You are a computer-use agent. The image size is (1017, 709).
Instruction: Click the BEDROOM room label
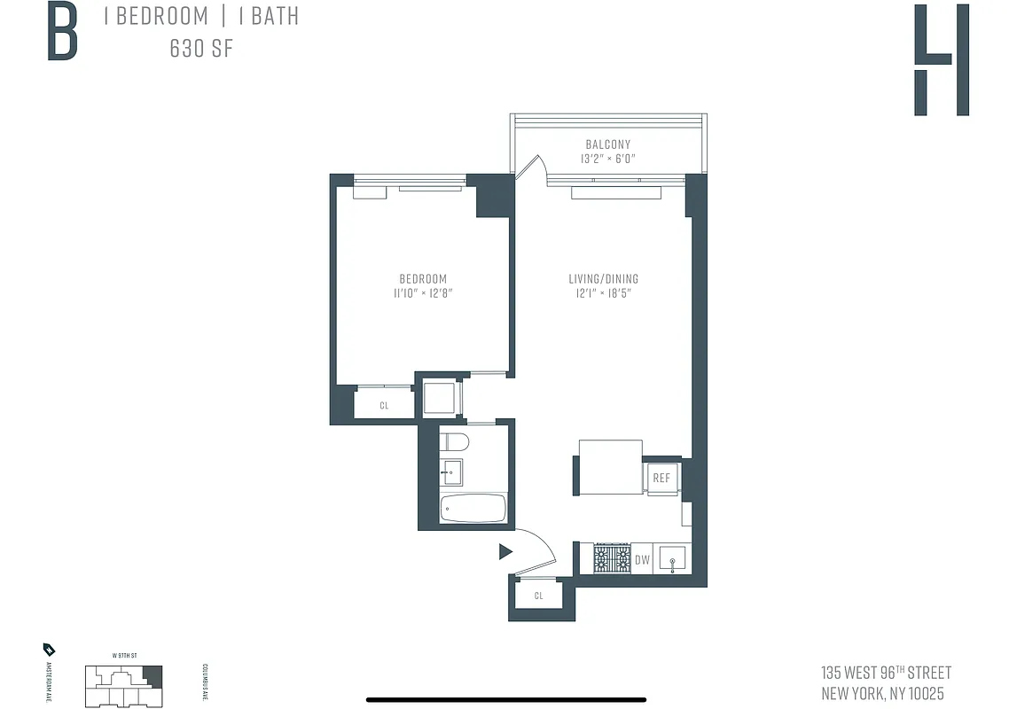click(423, 278)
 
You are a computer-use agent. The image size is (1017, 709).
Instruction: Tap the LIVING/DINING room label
click(603, 278)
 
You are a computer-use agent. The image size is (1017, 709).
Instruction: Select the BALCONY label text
click(607, 144)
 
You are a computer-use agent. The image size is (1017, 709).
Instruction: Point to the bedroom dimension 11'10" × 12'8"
click(423, 292)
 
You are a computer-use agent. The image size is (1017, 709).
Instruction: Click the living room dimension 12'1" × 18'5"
click(603, 292)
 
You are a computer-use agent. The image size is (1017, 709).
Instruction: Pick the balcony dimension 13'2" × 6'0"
click(607, 159)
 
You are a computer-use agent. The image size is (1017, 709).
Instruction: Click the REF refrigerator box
click(661, 479)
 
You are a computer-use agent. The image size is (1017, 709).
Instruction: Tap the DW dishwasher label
click(643, 560)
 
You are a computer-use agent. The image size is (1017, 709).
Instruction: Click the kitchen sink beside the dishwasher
click(675, 559)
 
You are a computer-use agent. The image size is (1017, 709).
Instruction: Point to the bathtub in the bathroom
click(473, 509)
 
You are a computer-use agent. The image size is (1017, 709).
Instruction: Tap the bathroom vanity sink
click(451, 470)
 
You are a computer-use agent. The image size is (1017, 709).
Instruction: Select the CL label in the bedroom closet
click(384, 406)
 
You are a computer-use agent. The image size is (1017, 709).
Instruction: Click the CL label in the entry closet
click(538, 596)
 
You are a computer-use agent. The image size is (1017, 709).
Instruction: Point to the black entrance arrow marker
click(505, 552)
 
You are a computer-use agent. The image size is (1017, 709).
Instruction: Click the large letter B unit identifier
click(62, 33)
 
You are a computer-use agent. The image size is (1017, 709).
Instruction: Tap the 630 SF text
click(201, 48)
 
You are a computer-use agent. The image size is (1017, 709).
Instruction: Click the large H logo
click(941, 59)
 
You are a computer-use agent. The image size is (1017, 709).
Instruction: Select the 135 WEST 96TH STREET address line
click(887, 674)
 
